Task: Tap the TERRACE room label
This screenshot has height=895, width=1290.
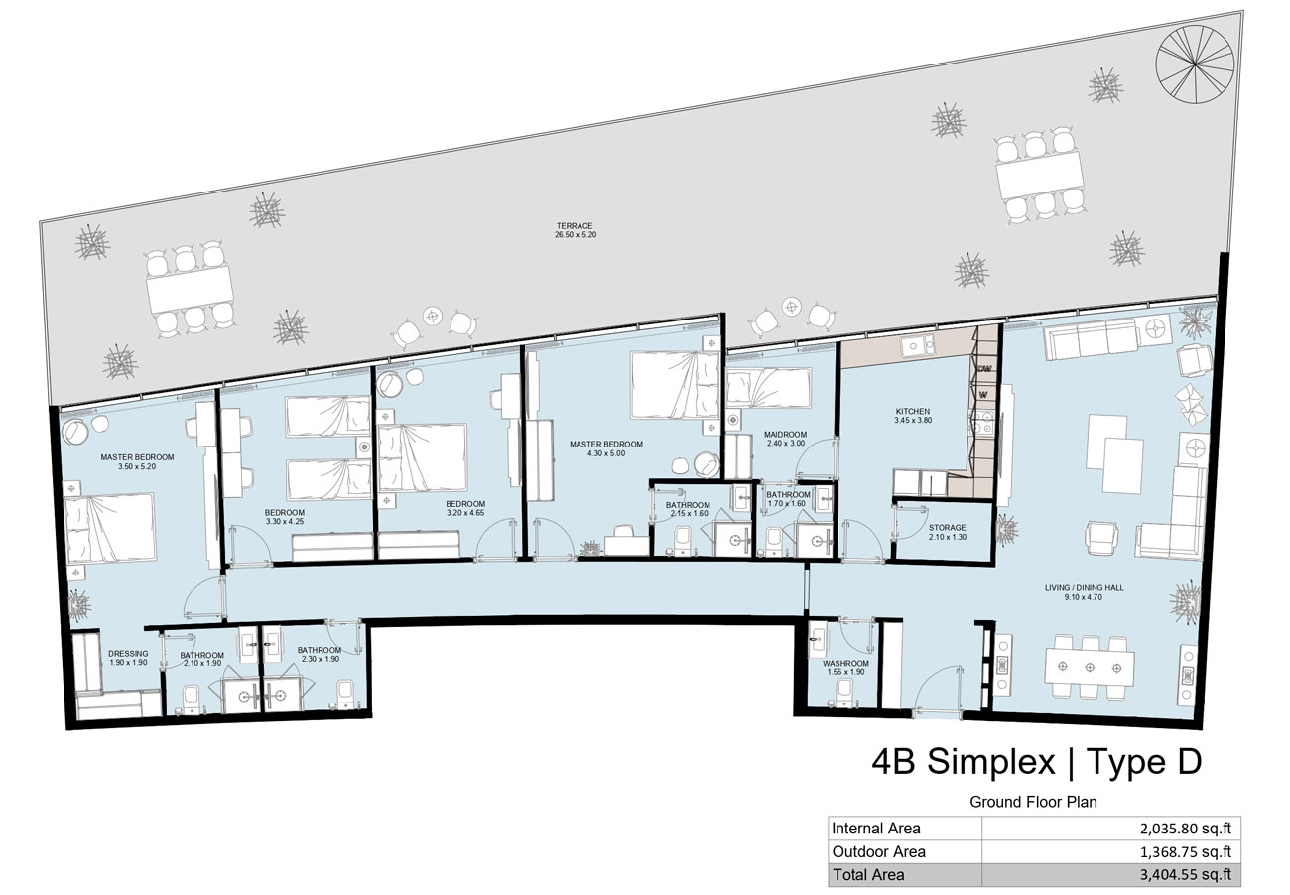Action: pyautogui.click(x=575, y=226)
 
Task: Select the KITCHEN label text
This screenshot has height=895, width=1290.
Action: pyautogui.click(x=913, y=411)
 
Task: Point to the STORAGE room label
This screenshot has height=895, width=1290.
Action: pyautogui.click(x=948, y=528)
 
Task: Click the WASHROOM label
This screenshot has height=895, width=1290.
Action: pyautogui.click(x=845, y=663)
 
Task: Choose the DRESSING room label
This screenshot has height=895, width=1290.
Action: pyautogui.click(x=128, y=654)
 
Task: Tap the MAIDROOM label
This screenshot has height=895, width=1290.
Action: pyautogui.click(x=786, y=435)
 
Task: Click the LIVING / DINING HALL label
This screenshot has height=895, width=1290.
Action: pyautogui.click(x=1085, y=588)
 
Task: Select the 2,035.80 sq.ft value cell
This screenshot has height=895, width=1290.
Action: pyautogui.click(x=1185, y=829)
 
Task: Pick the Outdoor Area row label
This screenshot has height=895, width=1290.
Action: pyautogui.click(x=879, y=851)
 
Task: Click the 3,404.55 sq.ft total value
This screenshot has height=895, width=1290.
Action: pyautogui.click(x=1185, y=875)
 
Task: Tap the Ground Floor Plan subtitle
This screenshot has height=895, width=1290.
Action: pyautogui.click(x=1033, y=802)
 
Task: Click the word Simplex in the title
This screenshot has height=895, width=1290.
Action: pyautogui.click(x=991, y=761)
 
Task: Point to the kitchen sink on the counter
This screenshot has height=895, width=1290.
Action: pyautogui.click(x=918, y=345)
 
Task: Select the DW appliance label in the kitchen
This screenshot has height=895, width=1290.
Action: pyautogui.click(x=984, y=369)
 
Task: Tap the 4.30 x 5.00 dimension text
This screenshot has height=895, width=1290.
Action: pyautogui.click(x=606, y=453)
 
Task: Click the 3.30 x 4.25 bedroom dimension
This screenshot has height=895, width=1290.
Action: pyautogui.click(x=285, y=521)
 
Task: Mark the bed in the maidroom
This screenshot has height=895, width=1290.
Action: pyautogui.click(x=768, y=388)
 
